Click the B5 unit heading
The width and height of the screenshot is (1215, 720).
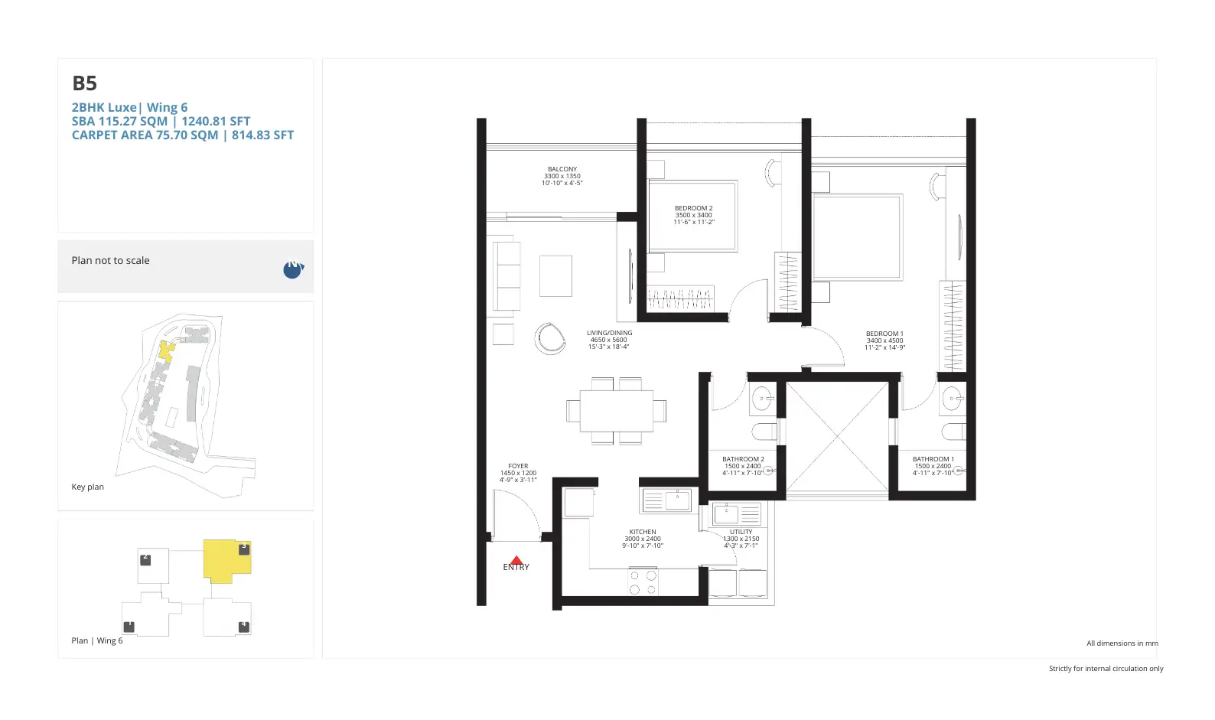click(84, 83)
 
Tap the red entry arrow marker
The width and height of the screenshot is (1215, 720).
click(516, 561)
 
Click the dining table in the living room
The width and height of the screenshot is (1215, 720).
click(616, 411)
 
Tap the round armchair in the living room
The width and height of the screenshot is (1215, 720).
click(550, 337)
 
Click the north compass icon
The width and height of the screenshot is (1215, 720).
click(292, 269)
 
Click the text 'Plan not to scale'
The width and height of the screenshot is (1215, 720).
click(110, 260)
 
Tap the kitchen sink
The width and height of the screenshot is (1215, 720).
click(678, 500)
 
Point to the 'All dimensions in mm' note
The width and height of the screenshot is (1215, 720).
click(1122, 643)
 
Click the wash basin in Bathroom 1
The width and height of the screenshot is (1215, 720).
click(952, 399)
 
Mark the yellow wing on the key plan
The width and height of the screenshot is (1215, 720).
click(165, 351)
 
